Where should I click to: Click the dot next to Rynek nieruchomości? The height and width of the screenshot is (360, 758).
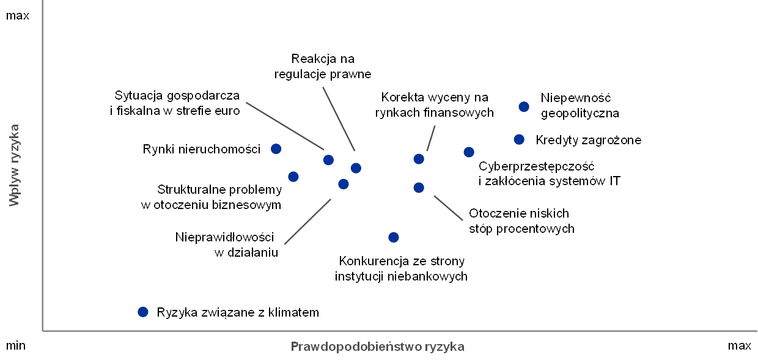276,149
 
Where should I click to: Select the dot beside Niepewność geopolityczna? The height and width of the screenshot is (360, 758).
523,107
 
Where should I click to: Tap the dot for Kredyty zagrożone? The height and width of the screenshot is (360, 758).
519,139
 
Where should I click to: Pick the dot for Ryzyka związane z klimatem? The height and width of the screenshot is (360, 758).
143,312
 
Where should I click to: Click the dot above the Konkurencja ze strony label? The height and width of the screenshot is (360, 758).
394,237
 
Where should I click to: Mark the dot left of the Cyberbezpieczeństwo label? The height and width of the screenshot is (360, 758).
469,152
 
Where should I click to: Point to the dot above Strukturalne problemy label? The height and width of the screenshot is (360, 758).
293,177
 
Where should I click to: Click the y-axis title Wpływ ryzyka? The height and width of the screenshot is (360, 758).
14,165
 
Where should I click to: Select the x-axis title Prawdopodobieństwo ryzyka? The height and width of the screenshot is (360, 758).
377,347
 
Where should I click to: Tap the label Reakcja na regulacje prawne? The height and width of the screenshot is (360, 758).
323,67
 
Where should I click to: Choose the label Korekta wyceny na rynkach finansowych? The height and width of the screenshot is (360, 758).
435,105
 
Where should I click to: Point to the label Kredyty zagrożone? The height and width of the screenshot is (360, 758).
589,140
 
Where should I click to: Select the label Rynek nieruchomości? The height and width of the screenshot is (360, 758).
201,149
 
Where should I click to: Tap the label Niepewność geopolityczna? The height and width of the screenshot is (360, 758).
580,106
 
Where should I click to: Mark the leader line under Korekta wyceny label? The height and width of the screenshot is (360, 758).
430,138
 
